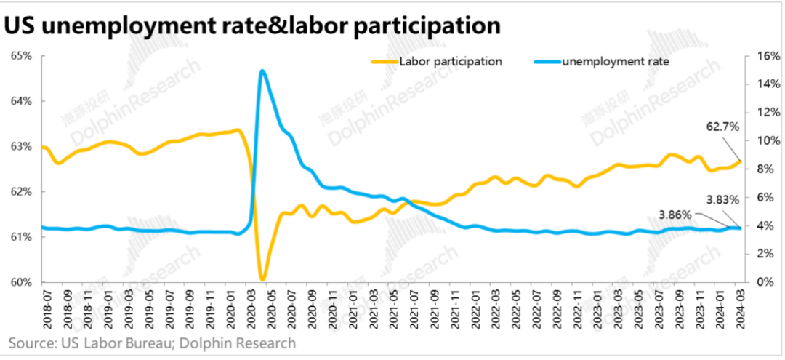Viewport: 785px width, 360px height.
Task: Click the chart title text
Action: (251, 25)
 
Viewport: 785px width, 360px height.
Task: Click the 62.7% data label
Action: (722, 127)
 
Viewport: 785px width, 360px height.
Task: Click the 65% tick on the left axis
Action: (21, 55)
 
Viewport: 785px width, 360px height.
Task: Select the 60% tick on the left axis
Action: (21, 282)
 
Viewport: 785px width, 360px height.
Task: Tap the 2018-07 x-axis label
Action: (45, 308)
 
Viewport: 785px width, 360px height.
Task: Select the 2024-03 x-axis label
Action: (739, 308)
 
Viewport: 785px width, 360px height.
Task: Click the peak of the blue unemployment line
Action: (262, 71)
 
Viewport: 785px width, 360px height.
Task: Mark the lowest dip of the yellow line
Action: (262, 279)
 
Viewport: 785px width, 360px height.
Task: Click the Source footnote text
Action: (153, 343)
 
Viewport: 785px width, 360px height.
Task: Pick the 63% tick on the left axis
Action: (21, 146)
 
